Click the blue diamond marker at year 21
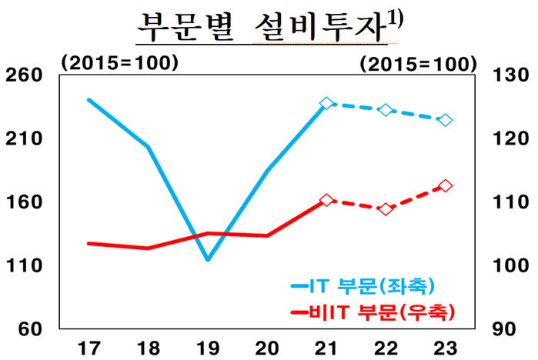coord(326,103)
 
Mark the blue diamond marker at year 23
coord(446,120)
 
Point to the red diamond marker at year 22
coord(386,209)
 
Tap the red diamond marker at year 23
coord(446,185)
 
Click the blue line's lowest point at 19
coord(208,260)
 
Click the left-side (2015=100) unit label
coord(119,62)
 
